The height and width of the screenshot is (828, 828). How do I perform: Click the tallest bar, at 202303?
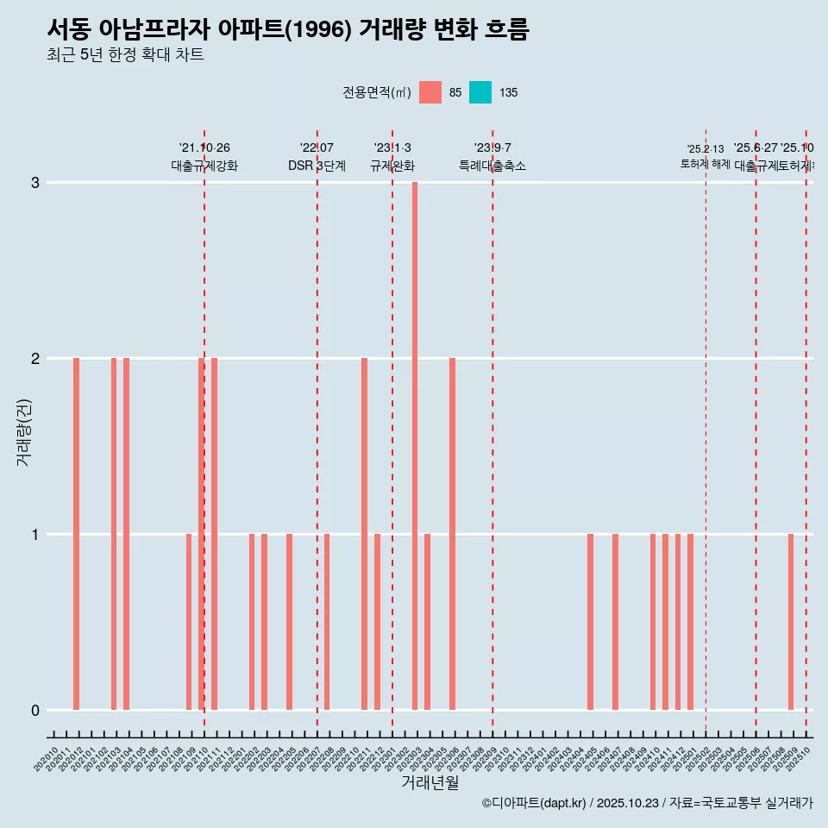pyautogui.click(x=415, y=446)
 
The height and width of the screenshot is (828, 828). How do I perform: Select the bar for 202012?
pyautogui.click(x=76, y=534)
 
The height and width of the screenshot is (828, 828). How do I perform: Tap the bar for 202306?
pyautogui.click(x=452, y=534)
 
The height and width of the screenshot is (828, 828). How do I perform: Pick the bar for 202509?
pyautogui.click(x=790, y=622)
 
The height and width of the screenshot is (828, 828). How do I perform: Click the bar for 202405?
pyautogui.click(x=590, y=622)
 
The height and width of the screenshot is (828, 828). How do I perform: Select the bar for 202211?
pyautogui.click(x=364, y=534)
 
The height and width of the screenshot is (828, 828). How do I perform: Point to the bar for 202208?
pyautogui.click(x=327, y=622)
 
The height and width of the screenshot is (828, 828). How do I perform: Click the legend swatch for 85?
pyautogui.click(x=430, y=92)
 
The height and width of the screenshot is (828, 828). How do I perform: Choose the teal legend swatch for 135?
pyautogui.click(x=480, y=92)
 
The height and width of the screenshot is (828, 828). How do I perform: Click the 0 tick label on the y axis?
pyautogui.click(x=35, y=711)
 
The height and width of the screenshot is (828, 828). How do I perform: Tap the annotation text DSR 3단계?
pyautogui.click(x=317, y=166)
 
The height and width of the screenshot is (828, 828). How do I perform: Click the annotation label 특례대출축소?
pyautogui.click(x=492, y=166)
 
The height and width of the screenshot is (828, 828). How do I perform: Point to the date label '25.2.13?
pyautogui.click(x=706, y=149)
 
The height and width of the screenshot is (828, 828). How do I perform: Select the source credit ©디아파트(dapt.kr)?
pyautogui.click(x=534, y=803)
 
